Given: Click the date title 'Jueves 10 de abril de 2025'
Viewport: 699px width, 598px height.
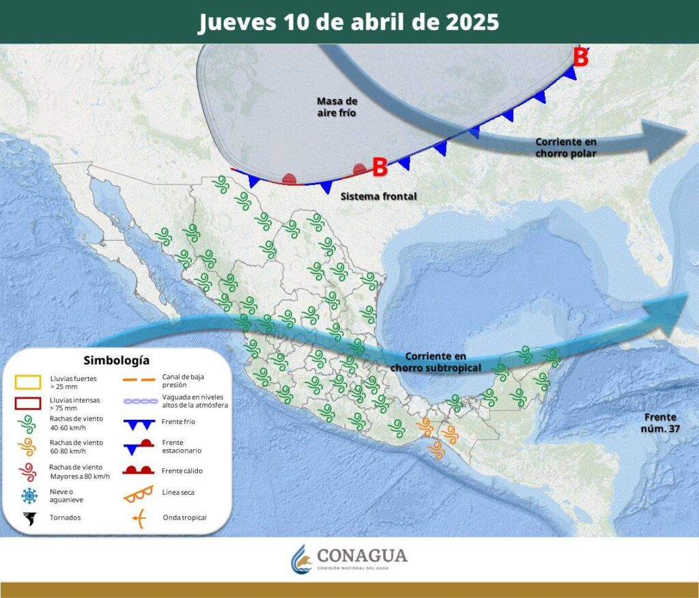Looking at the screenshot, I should (349, 22).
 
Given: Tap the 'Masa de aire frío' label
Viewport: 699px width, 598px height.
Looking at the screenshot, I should (337, 106).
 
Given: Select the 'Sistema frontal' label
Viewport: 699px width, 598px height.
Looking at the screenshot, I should (378, 196).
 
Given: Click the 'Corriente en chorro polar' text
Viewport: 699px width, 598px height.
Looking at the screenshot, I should (566, 147).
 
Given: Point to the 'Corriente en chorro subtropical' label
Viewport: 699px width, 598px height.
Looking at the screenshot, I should (436, 362).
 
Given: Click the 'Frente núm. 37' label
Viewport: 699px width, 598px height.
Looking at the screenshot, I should (659, 423).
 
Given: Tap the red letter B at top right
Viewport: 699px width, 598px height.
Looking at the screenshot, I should (580, 58).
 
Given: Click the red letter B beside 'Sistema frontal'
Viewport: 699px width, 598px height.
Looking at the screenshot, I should (380, 166).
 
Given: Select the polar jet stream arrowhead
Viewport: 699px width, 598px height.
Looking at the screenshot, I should (665, 140).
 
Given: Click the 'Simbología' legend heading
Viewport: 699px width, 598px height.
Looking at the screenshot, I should (116, 360).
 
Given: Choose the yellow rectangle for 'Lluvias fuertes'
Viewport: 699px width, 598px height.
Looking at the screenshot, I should (28, 382).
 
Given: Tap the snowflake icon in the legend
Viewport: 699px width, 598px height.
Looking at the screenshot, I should (29, 496).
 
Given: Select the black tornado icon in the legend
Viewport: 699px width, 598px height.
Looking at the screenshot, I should (29, 518).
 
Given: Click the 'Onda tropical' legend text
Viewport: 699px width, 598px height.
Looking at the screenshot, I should (184, 517).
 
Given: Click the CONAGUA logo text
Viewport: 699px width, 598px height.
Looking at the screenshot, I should (362, 555).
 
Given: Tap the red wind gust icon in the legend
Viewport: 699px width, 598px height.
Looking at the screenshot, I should (28, 472).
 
